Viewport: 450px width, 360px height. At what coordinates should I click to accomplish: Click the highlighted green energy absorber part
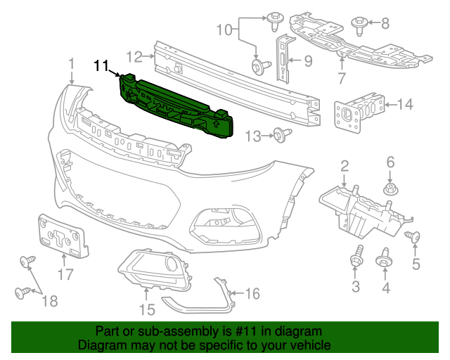(x=176, y=105)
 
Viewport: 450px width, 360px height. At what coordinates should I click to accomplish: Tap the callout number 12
(x=134, y=56)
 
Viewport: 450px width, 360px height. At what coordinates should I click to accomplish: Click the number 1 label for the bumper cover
(x=71, y=65)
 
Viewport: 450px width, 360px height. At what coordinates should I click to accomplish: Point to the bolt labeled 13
(x=281, y=134)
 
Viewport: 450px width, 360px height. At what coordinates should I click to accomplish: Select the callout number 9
(x=307, y=61)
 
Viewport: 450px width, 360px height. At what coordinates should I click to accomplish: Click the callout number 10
(x=223, y=30)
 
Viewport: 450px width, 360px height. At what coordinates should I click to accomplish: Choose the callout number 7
(x=342, y=77)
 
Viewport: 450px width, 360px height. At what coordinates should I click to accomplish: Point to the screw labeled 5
(x=414, y=238)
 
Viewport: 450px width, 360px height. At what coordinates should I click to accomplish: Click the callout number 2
(x=345, y=166)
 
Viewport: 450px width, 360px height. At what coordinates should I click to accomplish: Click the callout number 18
(x=49, y=302)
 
